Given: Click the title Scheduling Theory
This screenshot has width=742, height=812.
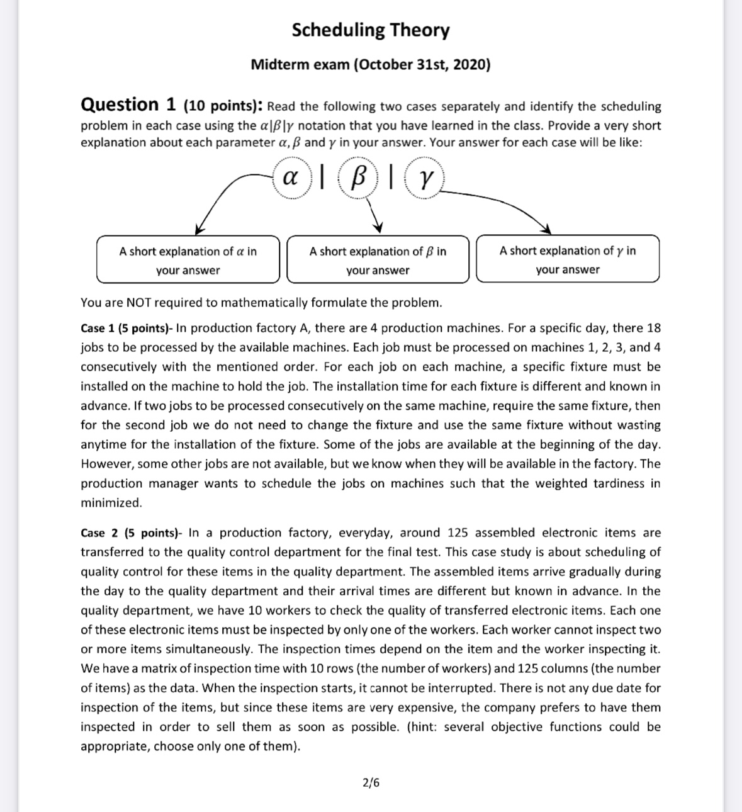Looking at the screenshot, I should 371,30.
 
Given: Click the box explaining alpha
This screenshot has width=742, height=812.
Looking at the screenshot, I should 188,259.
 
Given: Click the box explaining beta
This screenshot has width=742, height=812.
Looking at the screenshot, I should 378,259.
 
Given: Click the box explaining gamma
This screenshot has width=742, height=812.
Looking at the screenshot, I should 567,259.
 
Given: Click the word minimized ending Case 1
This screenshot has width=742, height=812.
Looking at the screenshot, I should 111,503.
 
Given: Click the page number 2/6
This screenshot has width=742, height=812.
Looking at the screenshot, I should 371,783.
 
